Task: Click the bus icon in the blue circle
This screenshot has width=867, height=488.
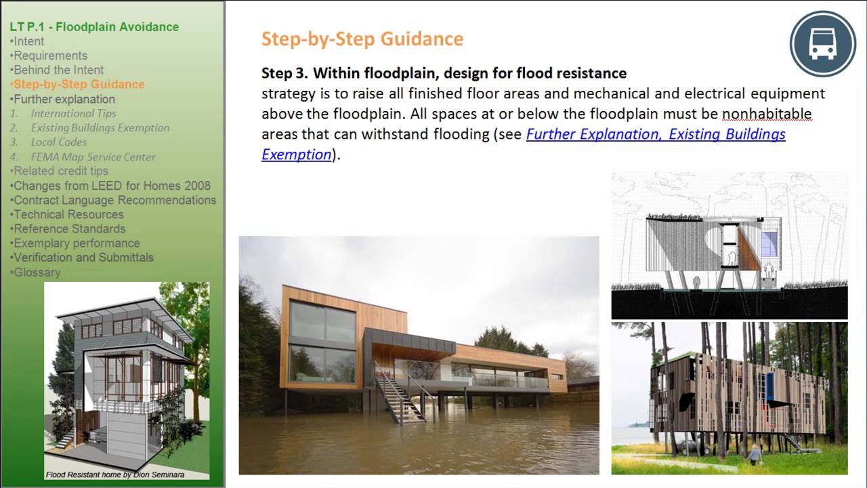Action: (x=823, y=44)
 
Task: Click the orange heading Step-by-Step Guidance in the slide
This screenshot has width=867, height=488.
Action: (x=362, y=39)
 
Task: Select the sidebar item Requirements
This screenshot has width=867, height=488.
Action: (x=50, y=56)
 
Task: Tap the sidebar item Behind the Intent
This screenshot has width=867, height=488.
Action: (x=59, y=70)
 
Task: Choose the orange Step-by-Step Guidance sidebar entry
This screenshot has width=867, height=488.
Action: (x=79, y=84)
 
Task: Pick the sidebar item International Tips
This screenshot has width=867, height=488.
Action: (x=73, y=113)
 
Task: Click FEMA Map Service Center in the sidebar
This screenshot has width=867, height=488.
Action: (x=93, y=157)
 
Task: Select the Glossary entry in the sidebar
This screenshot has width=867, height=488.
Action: (x=37, y=272)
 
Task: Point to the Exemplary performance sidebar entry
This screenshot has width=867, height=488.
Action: (x=77, y=243)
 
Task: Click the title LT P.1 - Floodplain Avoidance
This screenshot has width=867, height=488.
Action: (x=94, y=27)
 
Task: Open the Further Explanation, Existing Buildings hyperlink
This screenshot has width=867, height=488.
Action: (x=656, y=134)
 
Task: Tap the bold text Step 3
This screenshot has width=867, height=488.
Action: (x=284, y=73)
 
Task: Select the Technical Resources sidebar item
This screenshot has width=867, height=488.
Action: (x=68, y=214)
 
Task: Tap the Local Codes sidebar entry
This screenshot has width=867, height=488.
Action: (x=58, y=142)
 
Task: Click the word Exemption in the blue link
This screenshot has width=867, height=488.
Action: (x=297, y=154)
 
